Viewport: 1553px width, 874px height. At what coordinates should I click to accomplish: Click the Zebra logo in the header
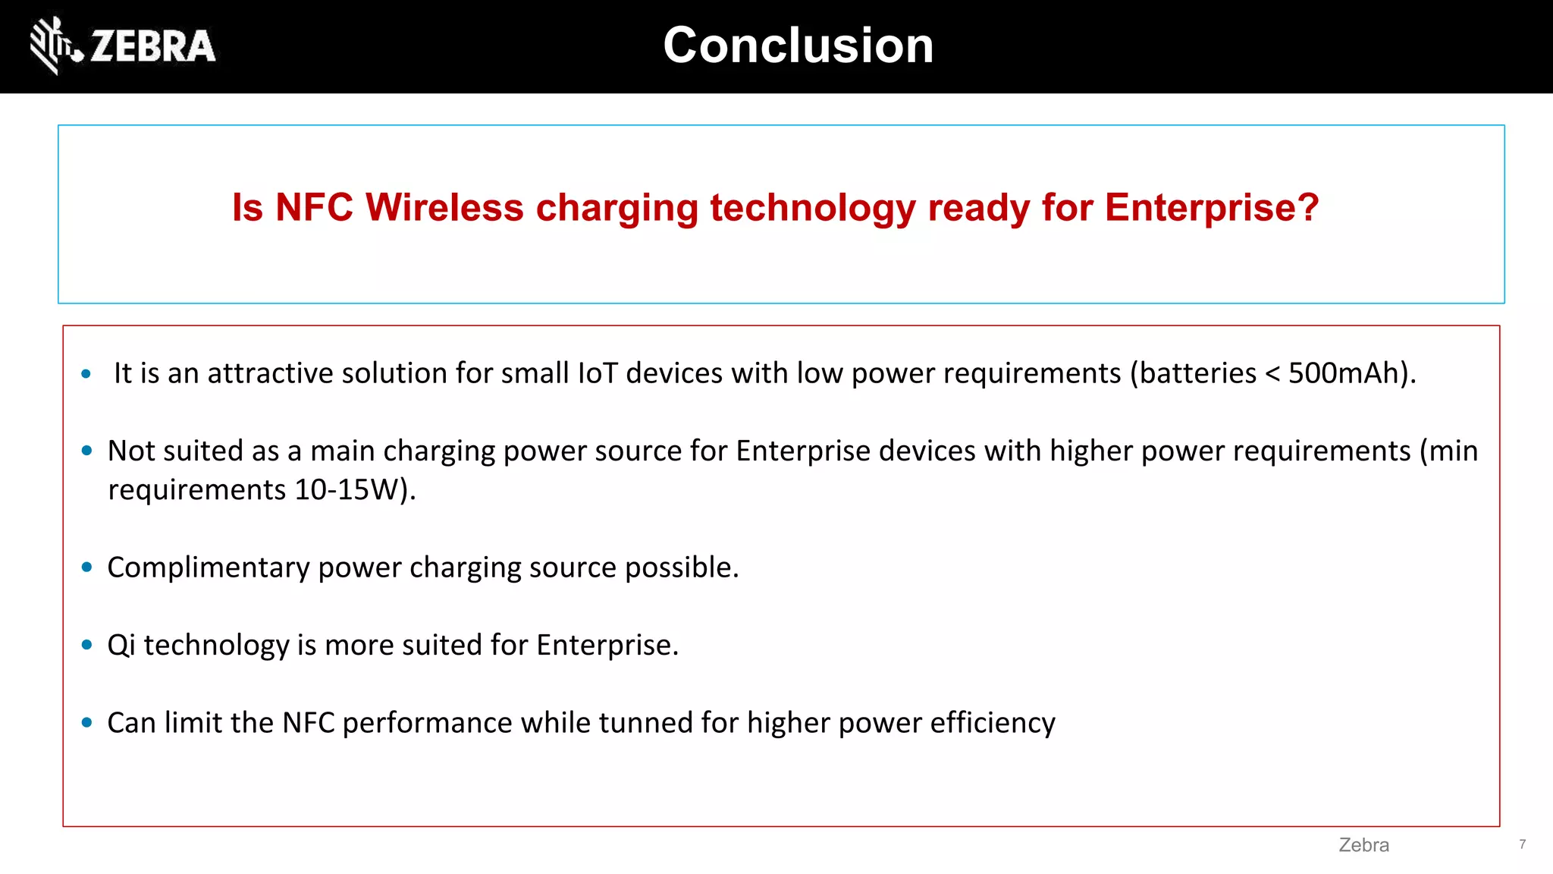click(123, 46)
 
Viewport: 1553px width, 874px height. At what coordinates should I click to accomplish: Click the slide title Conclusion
click(798, 46)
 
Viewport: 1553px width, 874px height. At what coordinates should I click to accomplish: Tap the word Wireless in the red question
click(444, 207)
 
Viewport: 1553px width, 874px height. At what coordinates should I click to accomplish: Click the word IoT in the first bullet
click(597, 373)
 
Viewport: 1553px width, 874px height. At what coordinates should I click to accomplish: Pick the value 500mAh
click(1347, 373)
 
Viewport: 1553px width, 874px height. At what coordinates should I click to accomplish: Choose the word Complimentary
click(209, 567)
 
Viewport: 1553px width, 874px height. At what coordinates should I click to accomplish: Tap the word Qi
click(121, 646)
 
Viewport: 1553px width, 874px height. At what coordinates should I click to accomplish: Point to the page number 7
click(1522, 844)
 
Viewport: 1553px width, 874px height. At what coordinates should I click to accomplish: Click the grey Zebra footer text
click(1363, 845)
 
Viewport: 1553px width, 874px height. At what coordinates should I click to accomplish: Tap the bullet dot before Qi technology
click(87, 645)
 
